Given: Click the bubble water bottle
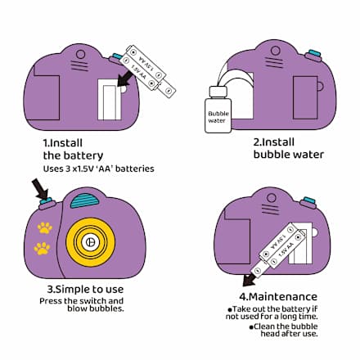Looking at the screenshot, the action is (218, 110).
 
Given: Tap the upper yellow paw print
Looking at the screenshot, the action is (45, 227).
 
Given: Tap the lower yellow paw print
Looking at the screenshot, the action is (42, 248).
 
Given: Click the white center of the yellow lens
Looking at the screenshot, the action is (90, 242).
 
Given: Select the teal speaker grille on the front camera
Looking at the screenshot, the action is (84, 200).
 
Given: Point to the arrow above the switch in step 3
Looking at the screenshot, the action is (40, 189).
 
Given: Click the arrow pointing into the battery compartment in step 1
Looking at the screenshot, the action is (126, 78).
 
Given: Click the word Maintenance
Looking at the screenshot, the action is (283, 296).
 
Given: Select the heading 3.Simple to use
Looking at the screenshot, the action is (85, 289).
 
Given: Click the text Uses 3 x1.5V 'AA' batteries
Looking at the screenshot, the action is (98, 169).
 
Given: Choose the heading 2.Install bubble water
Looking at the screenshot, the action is (289, 148).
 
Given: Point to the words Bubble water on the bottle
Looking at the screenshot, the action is (218, 117).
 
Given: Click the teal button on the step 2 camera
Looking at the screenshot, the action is (314, 53).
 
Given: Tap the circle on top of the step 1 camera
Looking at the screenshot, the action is (81, 54).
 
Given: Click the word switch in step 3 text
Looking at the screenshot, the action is (92, 301).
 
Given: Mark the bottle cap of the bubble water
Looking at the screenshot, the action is (218, 92).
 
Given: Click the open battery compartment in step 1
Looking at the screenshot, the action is (110, 100).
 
